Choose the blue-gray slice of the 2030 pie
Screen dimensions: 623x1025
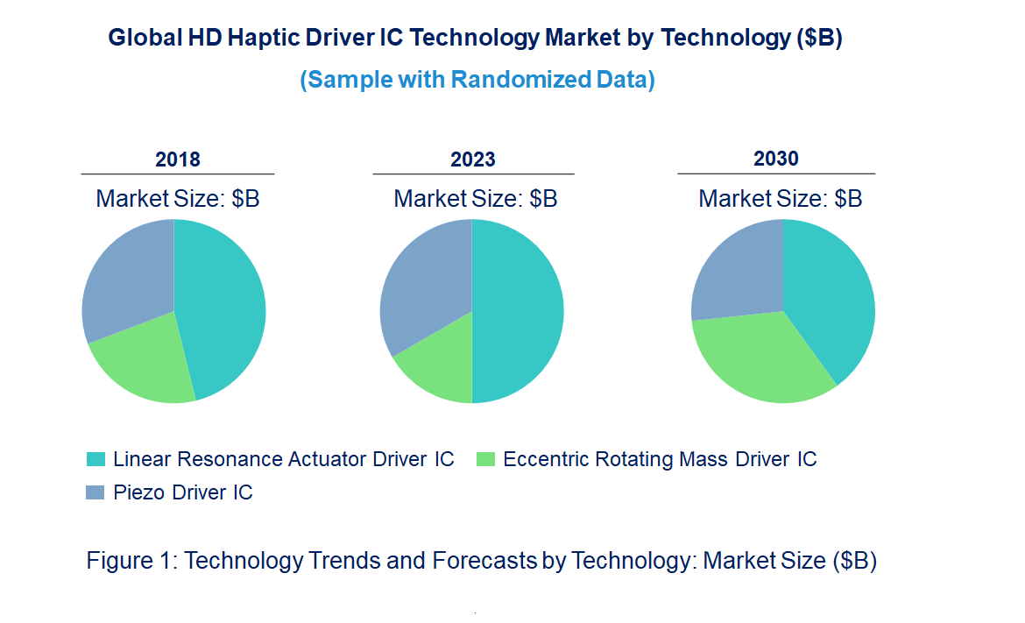736,272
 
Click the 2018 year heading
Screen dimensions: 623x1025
178,159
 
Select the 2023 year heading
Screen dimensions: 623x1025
473,159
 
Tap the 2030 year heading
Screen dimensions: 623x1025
776,159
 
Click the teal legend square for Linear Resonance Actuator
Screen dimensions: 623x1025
95,459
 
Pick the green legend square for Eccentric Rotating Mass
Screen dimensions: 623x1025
485,459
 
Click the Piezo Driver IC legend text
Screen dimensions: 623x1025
183,492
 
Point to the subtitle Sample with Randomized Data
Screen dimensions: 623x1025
477,80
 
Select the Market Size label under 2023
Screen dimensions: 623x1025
476,198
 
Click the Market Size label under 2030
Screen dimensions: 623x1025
780,198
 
